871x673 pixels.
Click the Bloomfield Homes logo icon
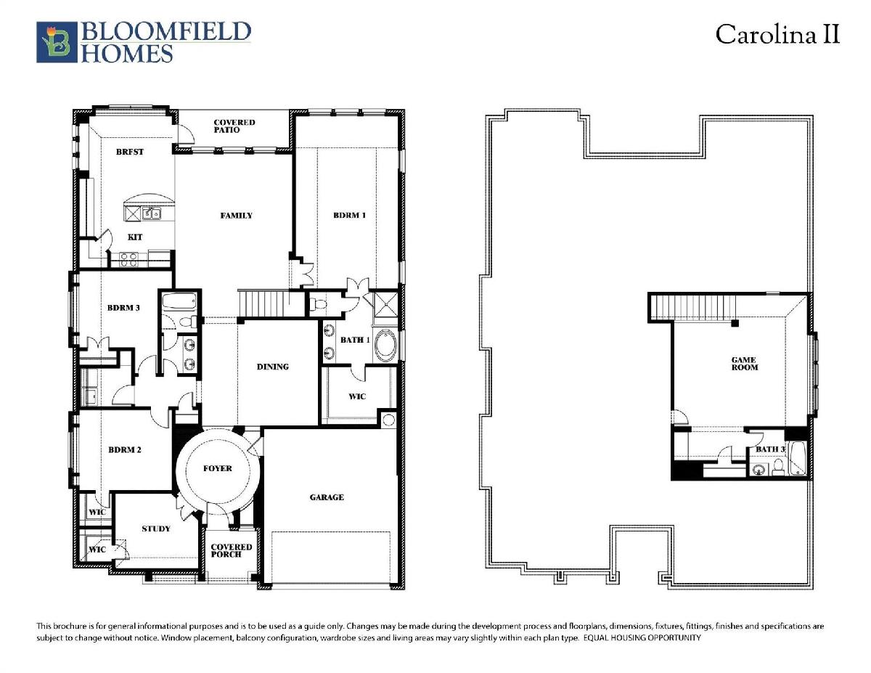(57, 42)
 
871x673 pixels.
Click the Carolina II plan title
(777, 34)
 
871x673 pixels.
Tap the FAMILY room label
(237, 216)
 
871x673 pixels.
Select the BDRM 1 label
(350, 215)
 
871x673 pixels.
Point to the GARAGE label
(327, 497)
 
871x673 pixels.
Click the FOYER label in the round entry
(218, 468)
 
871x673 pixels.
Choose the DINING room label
(273, 367)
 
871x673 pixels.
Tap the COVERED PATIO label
(234, 126)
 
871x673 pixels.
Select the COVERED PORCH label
(232, 550)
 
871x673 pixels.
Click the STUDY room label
(156, 529)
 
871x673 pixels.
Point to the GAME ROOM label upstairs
(745, 364)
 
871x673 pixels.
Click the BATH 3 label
(770, 449)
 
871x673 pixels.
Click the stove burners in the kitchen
(129, 259)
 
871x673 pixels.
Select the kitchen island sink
(151, 213)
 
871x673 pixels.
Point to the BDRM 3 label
(123, 308)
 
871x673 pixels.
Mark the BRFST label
(129, 152)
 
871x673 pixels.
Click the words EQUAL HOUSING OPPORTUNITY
(642, 637)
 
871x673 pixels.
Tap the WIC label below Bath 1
(356, 396)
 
